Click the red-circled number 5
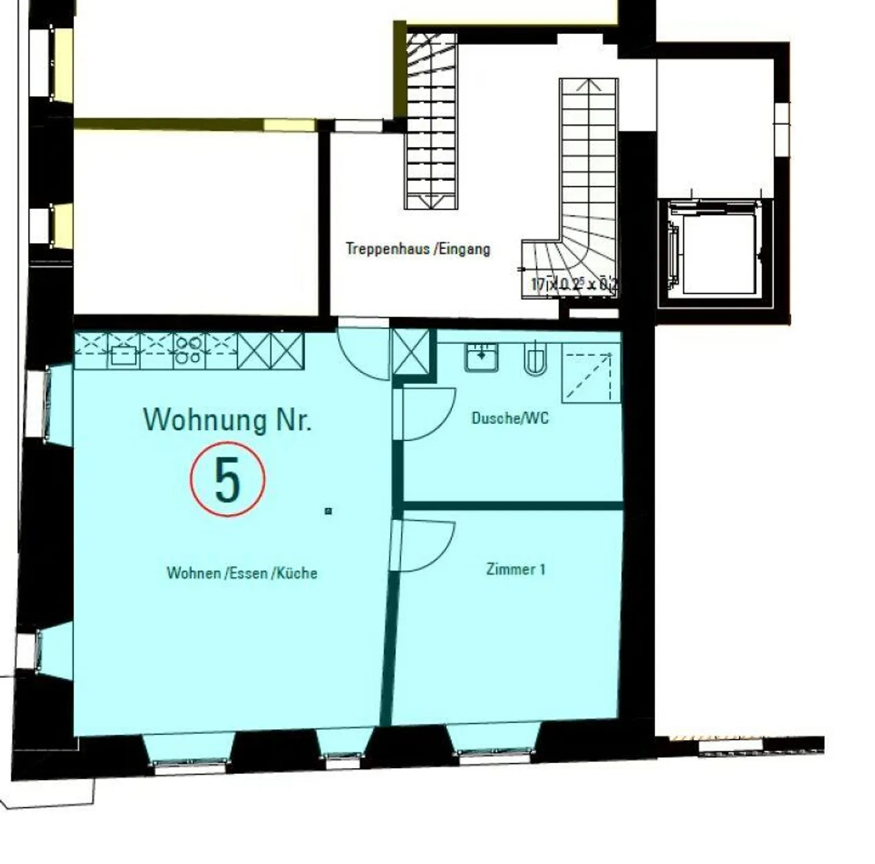(228, 479)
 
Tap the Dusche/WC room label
(510, 418)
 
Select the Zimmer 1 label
(515, 569)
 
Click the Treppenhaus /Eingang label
(418, 249)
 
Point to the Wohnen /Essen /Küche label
(242, 573)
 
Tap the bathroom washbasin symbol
(481, 357)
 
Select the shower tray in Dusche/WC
(590, 374)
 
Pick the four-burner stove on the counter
(188, 351)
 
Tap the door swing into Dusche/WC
(425, 413)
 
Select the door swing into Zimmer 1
(425, 546)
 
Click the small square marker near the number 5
(328, 512)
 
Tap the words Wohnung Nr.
(227, 419)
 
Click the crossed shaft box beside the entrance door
(411, 352)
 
